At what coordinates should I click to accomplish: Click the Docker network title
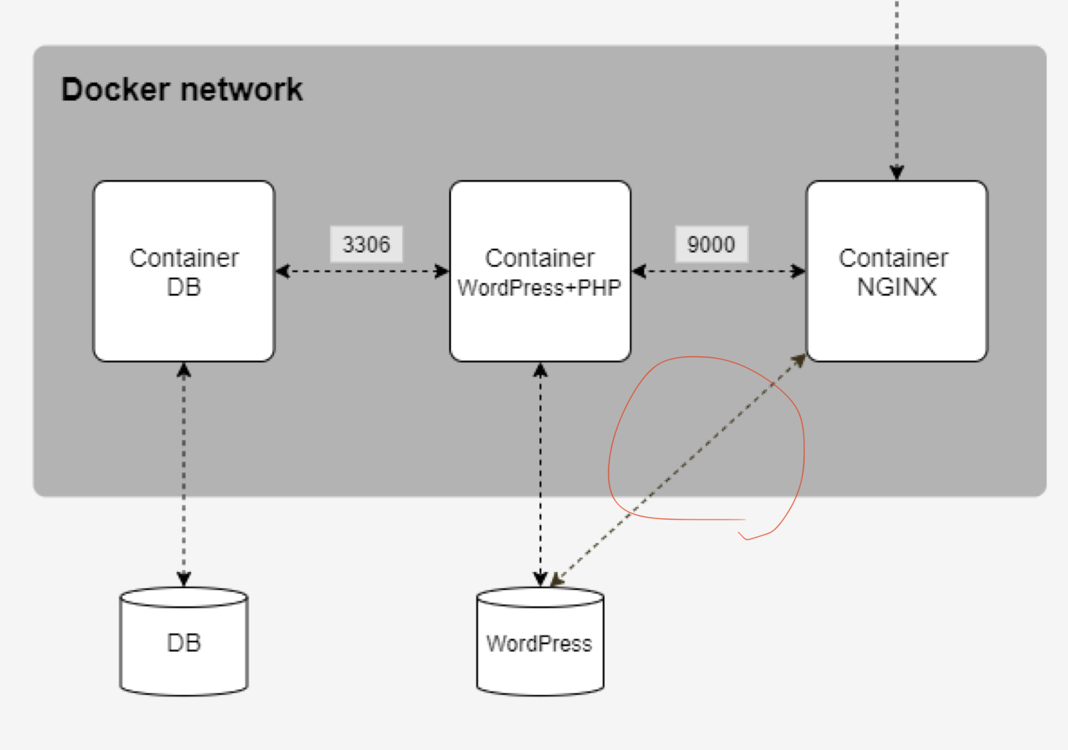coord(182,89)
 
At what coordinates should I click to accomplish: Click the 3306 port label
coord(366,244)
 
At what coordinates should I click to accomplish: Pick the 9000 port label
coord(711,244)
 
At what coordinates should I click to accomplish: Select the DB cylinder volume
coord(184,642)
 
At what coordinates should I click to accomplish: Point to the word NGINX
coord(897,287)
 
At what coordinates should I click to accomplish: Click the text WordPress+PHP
coord(540,288)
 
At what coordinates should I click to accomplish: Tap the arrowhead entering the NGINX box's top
coord(897,172)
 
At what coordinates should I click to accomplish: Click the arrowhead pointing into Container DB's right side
coord(283,271)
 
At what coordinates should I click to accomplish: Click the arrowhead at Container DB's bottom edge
coord(184,371)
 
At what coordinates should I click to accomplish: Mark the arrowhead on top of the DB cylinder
coord(184,578)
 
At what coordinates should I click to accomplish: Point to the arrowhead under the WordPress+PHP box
coord(540,371)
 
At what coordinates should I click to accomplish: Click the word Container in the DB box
coord(184,258)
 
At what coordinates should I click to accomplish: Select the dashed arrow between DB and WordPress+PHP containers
coord(362,271)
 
